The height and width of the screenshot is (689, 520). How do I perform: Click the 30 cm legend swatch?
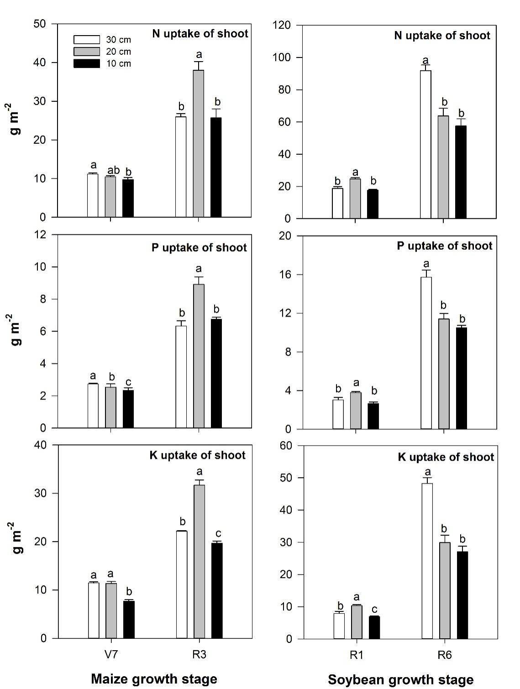(x=86, y=39)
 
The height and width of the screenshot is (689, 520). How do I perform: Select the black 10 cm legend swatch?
(x=86, y=63)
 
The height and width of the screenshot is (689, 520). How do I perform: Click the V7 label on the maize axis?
(x=110, y=655)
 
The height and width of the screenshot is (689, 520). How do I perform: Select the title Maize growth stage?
(x=154, y=678)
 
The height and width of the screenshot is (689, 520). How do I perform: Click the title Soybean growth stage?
(x=400, y=680)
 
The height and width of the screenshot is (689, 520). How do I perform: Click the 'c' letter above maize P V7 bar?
(x=128, y=382)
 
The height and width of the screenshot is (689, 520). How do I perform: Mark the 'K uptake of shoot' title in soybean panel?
(x=446, y=457)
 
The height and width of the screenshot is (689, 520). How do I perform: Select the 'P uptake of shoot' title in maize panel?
(x=199, y=247)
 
